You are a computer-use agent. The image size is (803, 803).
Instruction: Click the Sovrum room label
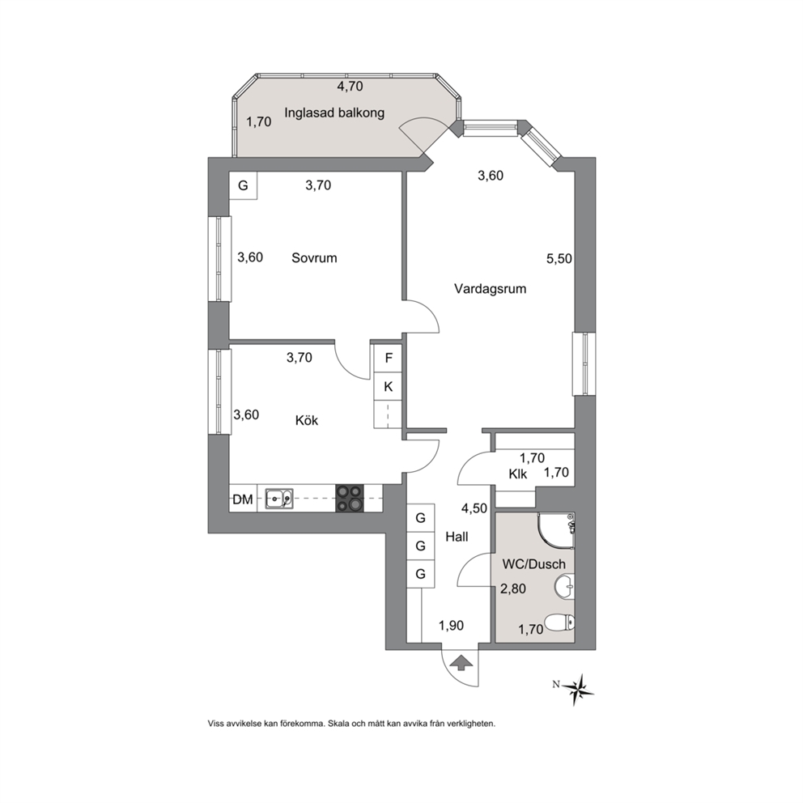pos(314,257)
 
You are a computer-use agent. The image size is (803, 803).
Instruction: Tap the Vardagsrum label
pos(490,289)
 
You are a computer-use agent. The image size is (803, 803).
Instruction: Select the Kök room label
pos(307,420)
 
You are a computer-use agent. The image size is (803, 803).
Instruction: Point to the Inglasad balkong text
pos(334,113)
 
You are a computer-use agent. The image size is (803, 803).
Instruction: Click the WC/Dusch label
pos(534,564)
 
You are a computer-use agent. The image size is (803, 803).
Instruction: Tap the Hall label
pos(457,537)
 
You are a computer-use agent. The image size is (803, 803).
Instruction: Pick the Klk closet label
pos(518,474)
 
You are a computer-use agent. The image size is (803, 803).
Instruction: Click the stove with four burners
pos(349,499)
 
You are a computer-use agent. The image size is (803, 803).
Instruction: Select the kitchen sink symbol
pos(279,499)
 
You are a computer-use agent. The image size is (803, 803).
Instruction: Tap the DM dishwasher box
pos(243,499)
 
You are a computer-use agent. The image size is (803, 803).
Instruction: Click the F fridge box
pos(389,358)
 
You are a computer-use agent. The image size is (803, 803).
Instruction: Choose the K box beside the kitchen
pos(389,387)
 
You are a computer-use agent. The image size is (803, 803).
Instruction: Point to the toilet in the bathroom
pos(559,623)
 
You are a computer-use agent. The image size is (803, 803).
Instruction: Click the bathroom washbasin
pos(564,586)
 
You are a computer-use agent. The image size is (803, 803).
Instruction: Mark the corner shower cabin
pos(556,530)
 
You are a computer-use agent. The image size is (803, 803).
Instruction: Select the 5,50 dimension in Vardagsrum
pos(559,258)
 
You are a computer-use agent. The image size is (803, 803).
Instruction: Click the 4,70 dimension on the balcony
pos(350,86)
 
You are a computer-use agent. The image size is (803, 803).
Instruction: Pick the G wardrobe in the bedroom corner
pos(244,185)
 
